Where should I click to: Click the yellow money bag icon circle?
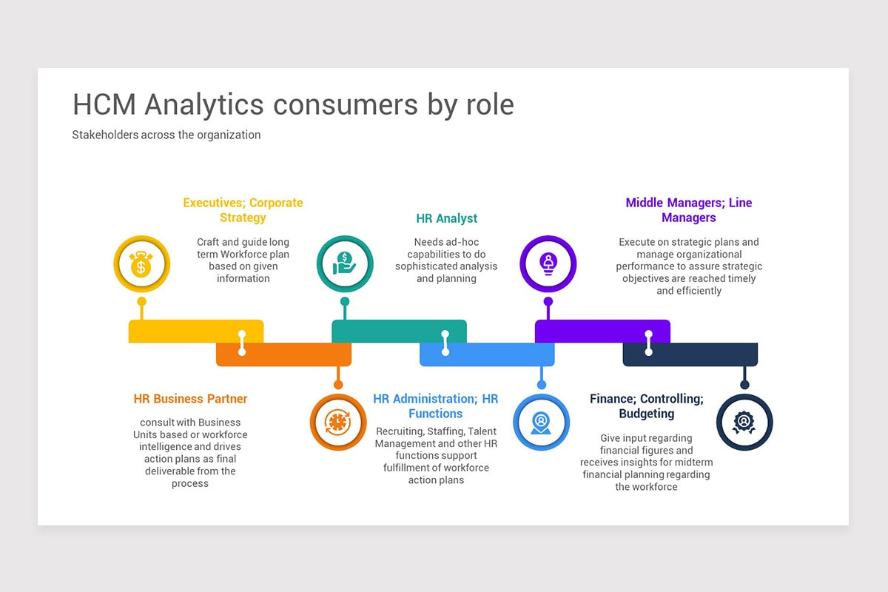(x=141, y=264)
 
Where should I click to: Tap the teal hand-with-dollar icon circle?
(x=345, y=264)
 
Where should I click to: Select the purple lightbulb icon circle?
(x=548, y=264)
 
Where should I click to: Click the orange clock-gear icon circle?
(x=338, y=423)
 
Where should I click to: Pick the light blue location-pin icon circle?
(x=542, y=423)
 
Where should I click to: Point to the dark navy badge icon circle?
(x=744, y=423)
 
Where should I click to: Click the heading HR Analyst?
(x=446, y=218)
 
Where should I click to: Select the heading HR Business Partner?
(x=191, y=399)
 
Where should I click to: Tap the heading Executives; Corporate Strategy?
(x=243, y=210)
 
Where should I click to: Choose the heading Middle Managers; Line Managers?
(x=688, y=210)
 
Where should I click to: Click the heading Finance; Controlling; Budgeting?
(x=646, y=406)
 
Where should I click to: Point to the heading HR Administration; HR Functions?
(x=435, y=406)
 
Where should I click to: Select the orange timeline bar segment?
(x=296, y=354)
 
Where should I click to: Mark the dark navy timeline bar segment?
(x=703, y=354)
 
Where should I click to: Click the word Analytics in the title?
(x=204, y=104)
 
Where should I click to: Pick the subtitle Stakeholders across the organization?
(x=166, y=135)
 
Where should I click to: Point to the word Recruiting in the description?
(x=399, y=431)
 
